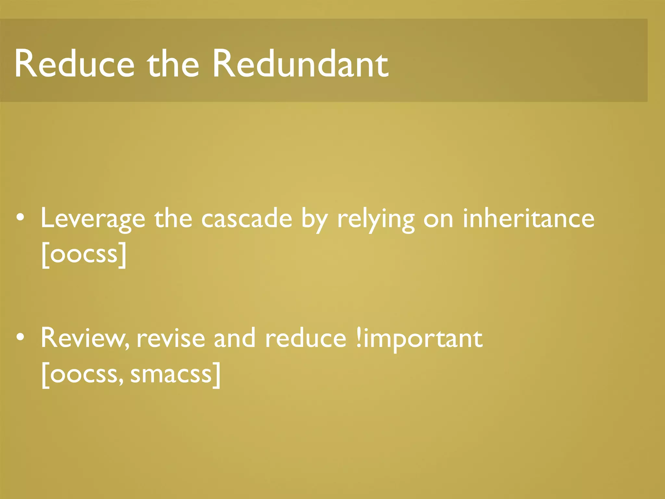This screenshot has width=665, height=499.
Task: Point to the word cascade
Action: click(x=247, y=219)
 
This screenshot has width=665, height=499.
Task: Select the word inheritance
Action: click(x=528, y=218)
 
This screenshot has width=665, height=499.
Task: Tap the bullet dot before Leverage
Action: click(x=20, y=218)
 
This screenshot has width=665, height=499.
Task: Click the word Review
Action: click(x=85, y=338)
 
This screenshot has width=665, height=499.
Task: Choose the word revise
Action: click(x=171, y=338)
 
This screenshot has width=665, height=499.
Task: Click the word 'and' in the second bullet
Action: click(x=234, y=338)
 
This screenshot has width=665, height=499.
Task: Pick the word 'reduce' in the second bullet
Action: click(x=306, y=338)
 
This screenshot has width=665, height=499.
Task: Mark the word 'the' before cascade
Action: click(x=173, y=218)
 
